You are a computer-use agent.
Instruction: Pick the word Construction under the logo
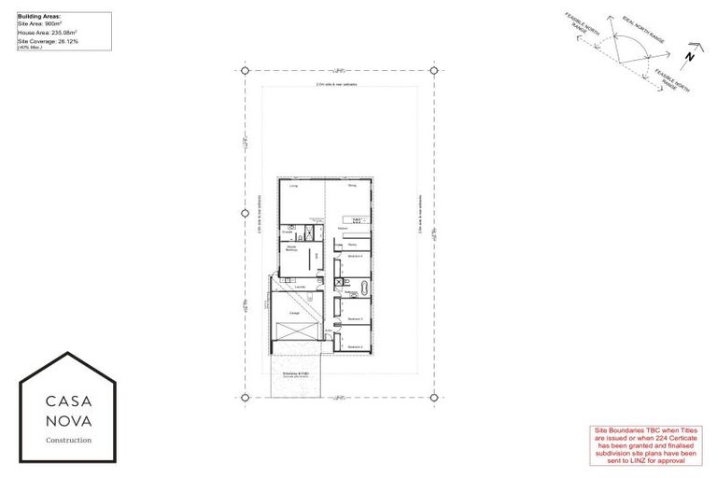pos(69,440)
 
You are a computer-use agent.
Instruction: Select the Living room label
pos(293,187)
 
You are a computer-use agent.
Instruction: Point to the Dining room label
pos(352,187)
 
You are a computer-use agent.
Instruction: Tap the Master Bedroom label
pos(293,248)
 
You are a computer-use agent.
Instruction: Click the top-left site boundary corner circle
pos(246,71)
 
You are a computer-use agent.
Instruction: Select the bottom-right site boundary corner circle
pos(434,398)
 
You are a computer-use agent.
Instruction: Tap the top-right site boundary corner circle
pos(434,71)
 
